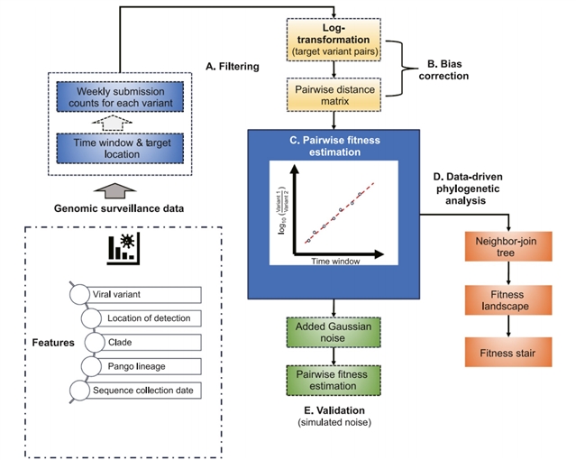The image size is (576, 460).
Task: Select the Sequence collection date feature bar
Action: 144,390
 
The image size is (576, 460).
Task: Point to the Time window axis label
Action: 335,261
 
